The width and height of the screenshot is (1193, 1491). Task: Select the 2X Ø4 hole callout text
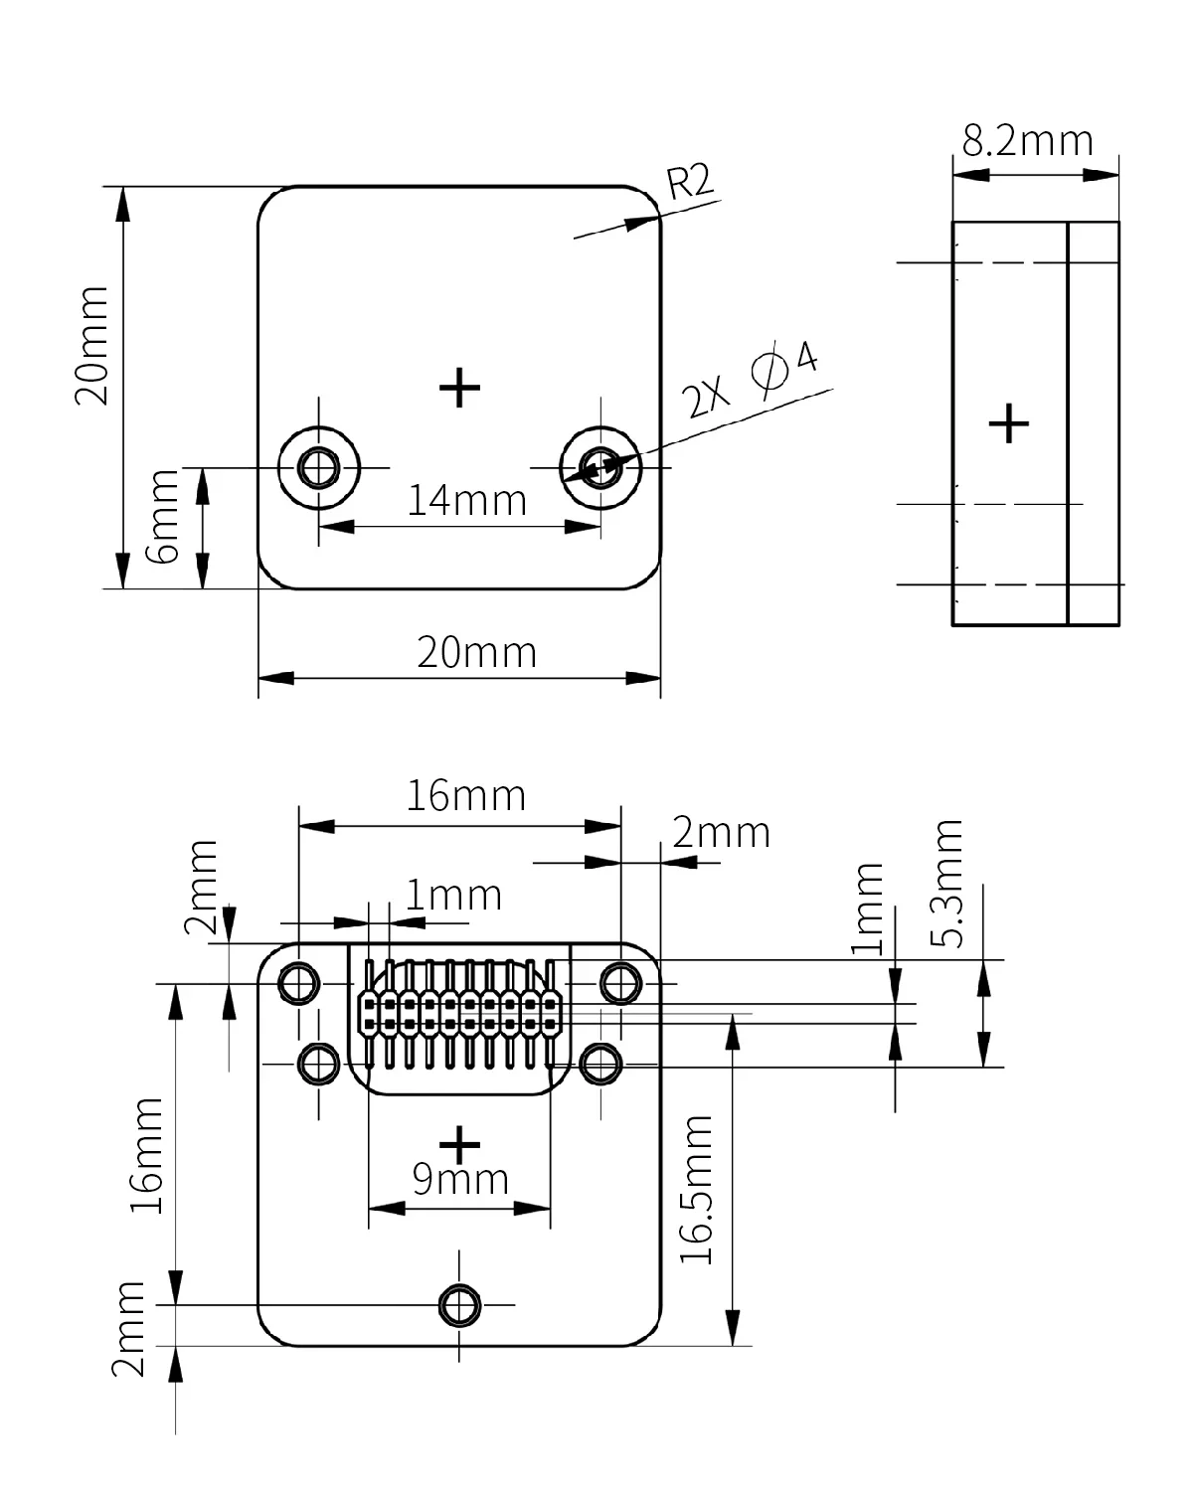[750, 379]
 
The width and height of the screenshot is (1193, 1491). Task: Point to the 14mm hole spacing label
[466, 500]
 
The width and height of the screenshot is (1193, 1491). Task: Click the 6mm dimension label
[163, 516]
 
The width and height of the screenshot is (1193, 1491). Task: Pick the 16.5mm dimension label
[696, 1190]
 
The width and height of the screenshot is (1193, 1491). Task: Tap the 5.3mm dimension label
[946, 884]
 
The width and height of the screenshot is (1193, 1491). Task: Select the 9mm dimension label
[460, 1179]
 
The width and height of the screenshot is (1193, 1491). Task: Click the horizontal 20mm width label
[477, 652]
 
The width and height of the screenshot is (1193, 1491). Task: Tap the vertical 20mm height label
[91, 346]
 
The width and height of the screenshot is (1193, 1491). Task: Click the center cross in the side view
[1009, 422]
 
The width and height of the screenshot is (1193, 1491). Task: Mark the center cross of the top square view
[459, 388]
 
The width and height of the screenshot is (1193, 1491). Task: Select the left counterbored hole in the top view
[319, 467]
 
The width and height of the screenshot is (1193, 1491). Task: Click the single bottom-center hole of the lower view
[459, 1305]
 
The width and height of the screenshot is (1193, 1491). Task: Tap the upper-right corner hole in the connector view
[620, 983]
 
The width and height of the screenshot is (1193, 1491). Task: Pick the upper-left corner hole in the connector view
[299, 983]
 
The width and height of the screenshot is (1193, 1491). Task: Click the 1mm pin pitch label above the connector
[453, 896]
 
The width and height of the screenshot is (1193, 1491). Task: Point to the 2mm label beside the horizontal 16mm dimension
[722, 832]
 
